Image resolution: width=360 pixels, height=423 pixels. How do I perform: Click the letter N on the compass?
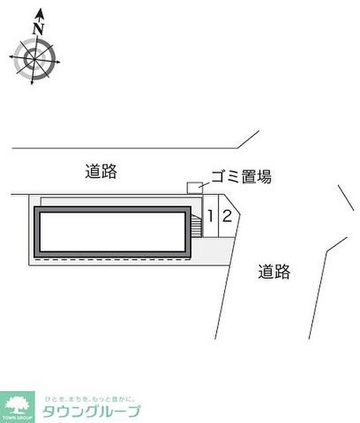click(38, 29)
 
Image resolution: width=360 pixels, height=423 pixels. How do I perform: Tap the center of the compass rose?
click(34, 58)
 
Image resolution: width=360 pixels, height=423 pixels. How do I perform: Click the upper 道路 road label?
click(101, 171)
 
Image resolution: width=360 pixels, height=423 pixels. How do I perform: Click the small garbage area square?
click(194, 188)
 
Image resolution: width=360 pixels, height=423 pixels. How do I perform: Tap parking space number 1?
click(211, 216)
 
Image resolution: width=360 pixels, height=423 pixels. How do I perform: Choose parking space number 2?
click(227, 216)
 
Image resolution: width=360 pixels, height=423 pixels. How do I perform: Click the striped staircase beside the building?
click(195, 226)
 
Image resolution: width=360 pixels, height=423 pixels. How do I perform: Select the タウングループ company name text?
click(91, 412)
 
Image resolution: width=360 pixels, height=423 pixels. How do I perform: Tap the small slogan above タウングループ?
click(89, 398)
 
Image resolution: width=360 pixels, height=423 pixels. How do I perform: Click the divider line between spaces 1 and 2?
click(219, 216)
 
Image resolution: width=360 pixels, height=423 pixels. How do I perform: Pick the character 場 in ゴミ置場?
click(264, 178)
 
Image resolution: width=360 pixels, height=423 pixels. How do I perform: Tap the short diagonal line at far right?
click(346, 197)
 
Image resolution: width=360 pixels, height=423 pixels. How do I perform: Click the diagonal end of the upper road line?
click(248, 139)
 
